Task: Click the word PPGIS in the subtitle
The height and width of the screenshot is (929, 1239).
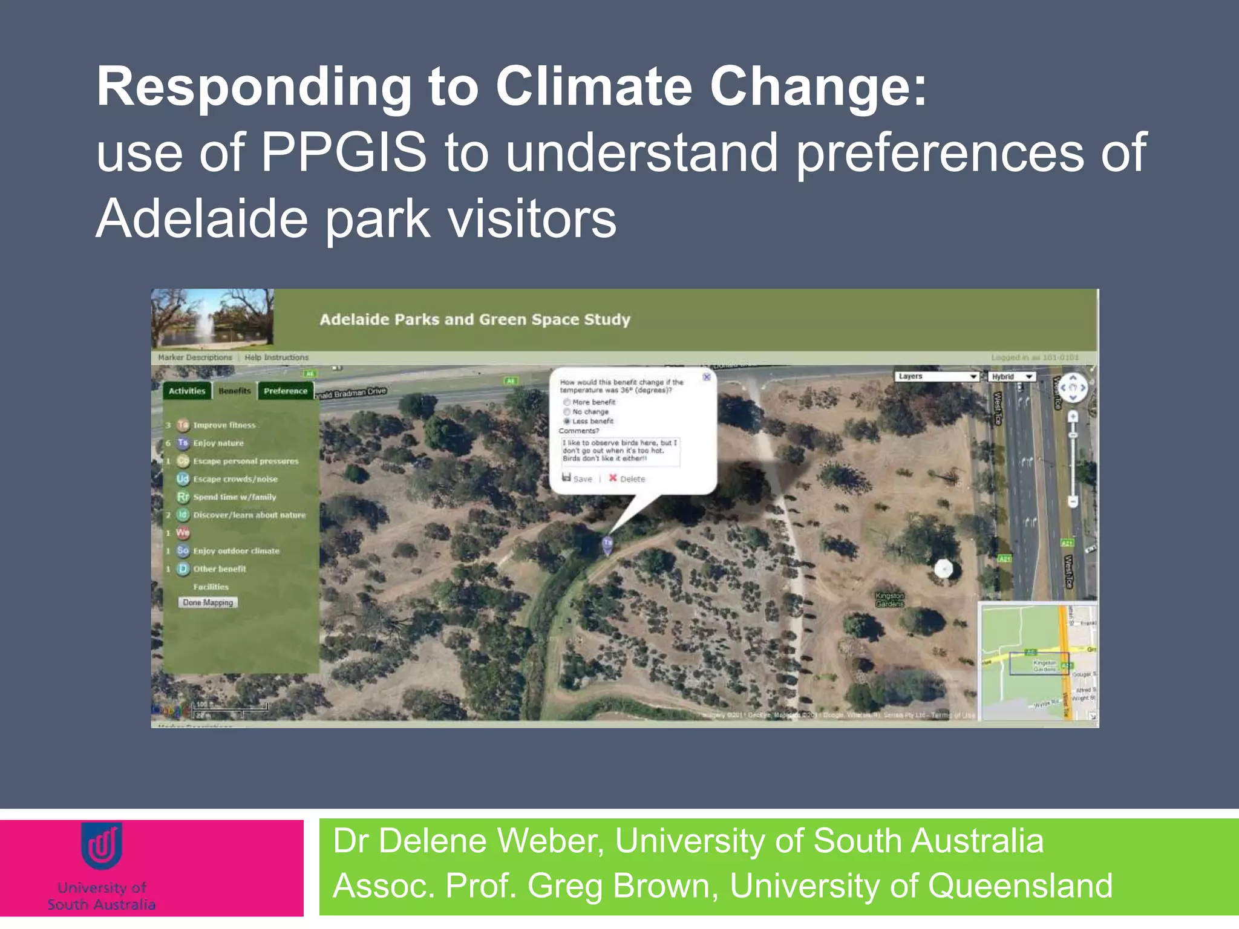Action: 344,152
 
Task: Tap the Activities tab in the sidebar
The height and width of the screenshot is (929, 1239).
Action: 187,391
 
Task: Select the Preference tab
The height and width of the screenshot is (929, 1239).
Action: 286,391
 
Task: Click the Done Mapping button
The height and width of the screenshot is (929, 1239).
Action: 208,602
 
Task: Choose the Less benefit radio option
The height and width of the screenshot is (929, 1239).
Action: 567,421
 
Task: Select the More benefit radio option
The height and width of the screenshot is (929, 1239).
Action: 567,402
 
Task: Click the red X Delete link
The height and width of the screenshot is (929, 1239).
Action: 626,478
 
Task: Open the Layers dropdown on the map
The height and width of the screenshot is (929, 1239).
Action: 937,376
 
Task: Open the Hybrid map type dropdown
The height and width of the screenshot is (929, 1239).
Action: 1012,377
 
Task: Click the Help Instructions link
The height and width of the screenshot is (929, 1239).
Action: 276,357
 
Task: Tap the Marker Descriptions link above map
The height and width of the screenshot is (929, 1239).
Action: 195,357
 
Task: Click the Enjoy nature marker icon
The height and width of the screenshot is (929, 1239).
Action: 183,443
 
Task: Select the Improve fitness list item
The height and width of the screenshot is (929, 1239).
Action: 224,425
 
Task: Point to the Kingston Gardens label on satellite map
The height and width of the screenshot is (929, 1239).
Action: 889,599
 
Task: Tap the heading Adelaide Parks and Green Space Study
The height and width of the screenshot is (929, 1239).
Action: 474,319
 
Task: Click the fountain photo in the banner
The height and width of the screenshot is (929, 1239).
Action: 212,318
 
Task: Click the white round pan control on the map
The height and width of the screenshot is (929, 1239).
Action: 1073,388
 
